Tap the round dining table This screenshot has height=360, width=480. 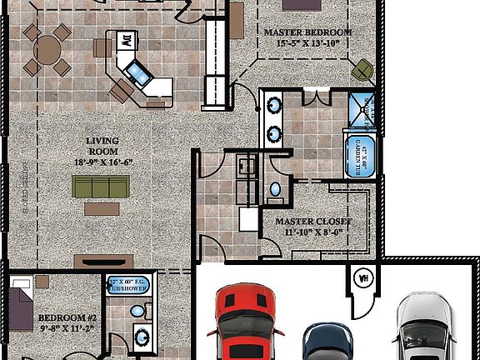click(x=52, y=50)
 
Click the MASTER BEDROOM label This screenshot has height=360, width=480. click(x=307, y=32)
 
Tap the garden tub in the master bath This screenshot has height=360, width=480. click(x=362, y=152)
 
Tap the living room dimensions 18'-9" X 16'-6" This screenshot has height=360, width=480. click(x=103, y=162)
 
